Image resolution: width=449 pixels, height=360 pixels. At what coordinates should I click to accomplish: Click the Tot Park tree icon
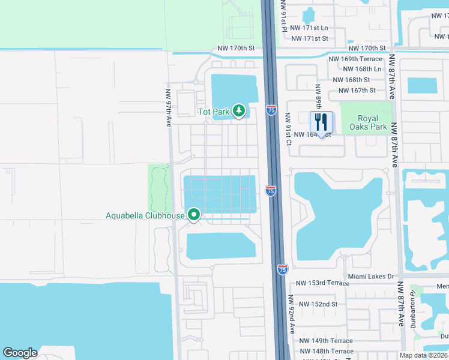coord(239,111)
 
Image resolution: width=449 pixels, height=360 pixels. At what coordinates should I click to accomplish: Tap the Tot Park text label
coord(214,112)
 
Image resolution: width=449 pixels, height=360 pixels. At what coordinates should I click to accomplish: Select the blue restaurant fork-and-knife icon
coord(321,122)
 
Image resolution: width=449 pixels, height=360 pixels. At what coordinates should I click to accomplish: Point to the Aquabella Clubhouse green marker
coord(194,214)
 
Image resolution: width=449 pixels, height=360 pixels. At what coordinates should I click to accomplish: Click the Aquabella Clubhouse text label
coord(145,215)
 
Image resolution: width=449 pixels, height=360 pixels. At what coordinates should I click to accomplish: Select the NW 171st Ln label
coord(309,28)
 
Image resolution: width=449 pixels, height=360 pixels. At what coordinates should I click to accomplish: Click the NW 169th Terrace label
coord(355,59)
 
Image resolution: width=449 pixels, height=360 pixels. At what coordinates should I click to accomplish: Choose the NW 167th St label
coord(357,91)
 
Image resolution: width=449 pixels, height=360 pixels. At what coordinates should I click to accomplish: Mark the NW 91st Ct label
coord(288,130)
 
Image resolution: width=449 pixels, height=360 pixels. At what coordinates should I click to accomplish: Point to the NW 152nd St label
coord(318,304)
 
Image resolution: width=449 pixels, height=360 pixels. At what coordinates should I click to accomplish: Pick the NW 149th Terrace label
coord(326,341)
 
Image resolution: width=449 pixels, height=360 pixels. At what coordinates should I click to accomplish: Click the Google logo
coord(20,353)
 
